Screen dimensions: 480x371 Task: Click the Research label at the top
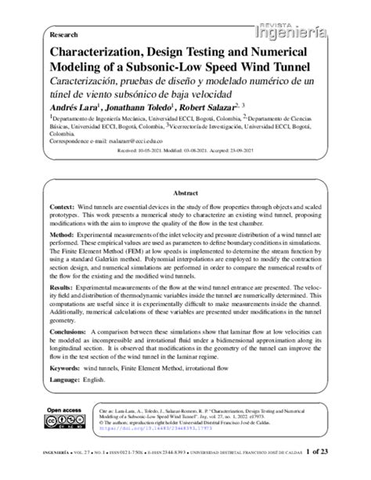[x=63, y=35]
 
